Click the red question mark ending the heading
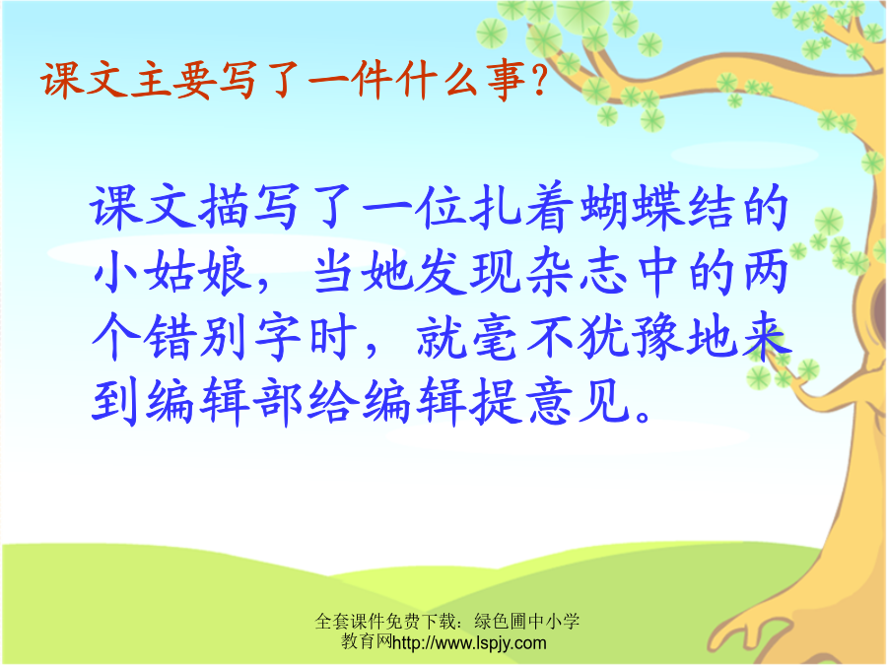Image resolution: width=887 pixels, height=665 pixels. pos(539,81)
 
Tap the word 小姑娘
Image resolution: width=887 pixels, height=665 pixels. pos(172,273)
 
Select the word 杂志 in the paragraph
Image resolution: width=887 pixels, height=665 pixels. pos(577,273)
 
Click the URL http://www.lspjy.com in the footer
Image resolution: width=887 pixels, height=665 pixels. pos(469,643)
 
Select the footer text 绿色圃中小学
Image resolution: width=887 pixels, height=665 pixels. pos(527,621)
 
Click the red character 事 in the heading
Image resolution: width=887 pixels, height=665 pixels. pos(507,81)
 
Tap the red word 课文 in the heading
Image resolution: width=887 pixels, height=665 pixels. pos(85,81)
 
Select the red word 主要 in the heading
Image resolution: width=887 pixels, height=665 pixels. pos(173,81)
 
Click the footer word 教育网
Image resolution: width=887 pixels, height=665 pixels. pos(367,641)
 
